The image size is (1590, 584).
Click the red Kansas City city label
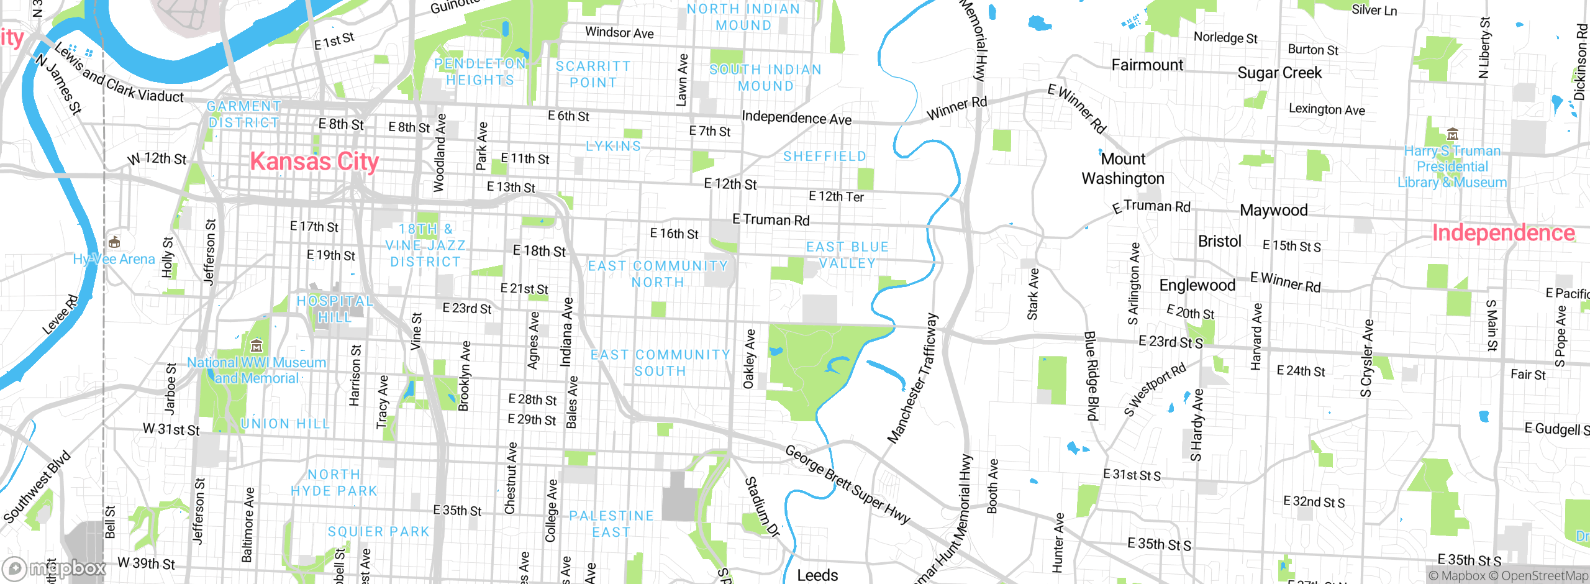[314, 162]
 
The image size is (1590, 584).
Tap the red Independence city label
[1503, 233]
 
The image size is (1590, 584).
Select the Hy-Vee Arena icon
[114, 242]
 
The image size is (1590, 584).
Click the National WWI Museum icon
[257, 345]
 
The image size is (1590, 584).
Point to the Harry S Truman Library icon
[1452, 134]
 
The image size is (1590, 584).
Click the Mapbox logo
[55, 568]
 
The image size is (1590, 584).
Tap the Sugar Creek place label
[1279, 73]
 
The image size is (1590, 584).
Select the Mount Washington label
[1123, 168]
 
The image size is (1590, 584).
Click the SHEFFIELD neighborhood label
[824, 157]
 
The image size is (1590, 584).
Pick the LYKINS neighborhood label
[613, 147]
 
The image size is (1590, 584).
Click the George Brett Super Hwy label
[847, 484]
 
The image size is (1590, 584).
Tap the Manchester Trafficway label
[912, 379]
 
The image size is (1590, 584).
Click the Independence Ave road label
[796, 118]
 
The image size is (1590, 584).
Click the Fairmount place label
[1147, 65]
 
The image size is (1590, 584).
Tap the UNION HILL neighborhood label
[285, 424]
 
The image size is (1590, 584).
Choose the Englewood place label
[1197, 285]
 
